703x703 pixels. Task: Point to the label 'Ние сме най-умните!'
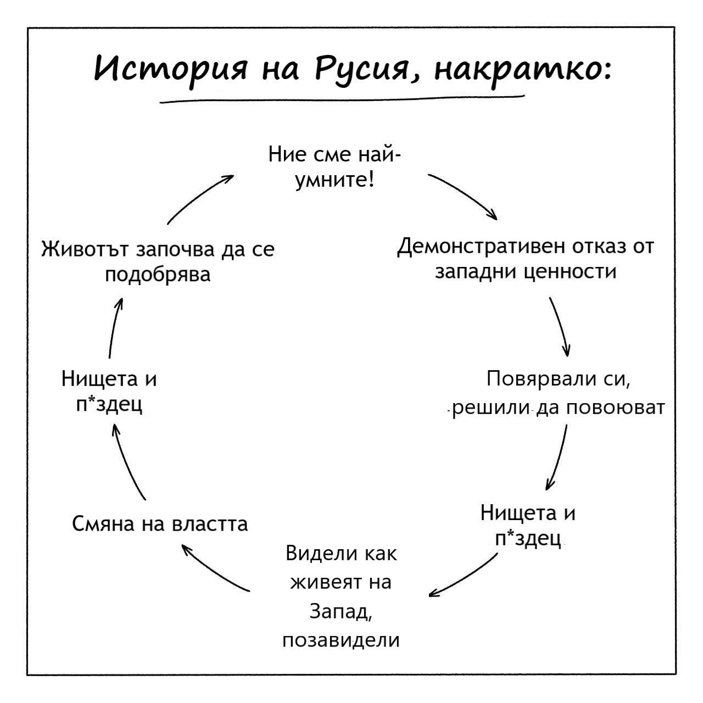pyautogui.click(x=334, y=168)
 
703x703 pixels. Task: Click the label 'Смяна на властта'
pyautogui.click(x=160, y=524)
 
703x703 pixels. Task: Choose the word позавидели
pyautogui.click(x=341, y=640)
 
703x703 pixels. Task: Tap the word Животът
pyautogui.click(x=85, y=249)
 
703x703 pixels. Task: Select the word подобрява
pyautogui.click(x=158, y=274)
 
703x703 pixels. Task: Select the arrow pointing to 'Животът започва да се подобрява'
pyautogui.click(x=114, y=327)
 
